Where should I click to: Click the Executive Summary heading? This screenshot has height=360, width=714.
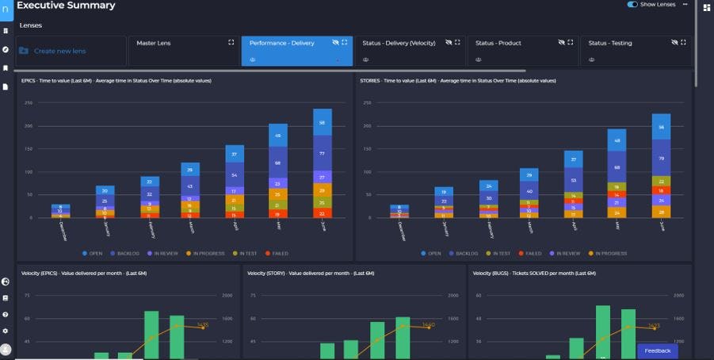point(66,6)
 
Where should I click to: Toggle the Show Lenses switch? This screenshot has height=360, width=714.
point(632,5)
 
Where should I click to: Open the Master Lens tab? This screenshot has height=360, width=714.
point(153,43)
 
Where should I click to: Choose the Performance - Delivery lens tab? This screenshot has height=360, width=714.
point(281,43)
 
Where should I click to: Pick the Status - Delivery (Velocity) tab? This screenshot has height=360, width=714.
point(399,43)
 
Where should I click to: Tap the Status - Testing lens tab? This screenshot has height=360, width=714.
point(610,43)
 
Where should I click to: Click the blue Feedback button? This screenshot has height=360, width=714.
point(657,350)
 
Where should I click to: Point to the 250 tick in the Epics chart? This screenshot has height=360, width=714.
point(28,103)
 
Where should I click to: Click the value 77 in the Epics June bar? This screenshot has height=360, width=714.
point(322,153)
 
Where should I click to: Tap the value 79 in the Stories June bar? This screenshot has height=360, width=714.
point(661,158)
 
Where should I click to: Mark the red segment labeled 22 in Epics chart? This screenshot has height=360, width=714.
point(322,213)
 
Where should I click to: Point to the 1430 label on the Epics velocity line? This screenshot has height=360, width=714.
point(202,325)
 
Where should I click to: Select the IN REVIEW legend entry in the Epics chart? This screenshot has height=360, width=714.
point(166,254)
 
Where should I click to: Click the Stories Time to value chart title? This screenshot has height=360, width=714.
point(457,81)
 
